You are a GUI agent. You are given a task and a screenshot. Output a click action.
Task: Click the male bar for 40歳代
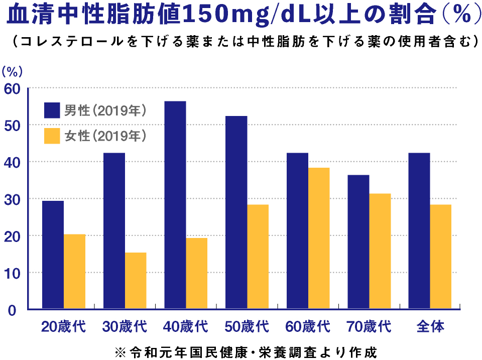(175, 205)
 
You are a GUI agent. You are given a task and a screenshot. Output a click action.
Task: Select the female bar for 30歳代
(136, 280)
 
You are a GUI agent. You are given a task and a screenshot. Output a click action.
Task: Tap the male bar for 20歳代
(53, 255)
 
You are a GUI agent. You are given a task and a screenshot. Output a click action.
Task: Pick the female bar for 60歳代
(319, 238)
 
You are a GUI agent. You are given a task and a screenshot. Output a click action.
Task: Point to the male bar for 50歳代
(236, 212)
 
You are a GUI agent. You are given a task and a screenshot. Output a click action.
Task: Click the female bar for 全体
(441, 257)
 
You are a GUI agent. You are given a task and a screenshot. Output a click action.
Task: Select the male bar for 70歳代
(358, 242)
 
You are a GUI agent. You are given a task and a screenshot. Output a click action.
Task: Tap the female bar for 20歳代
(74, 271)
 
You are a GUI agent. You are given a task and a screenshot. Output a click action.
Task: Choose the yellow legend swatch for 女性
(52, 136)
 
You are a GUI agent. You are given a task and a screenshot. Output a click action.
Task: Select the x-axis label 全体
(430, 326)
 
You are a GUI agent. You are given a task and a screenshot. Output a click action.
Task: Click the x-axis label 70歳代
(369, 326)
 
